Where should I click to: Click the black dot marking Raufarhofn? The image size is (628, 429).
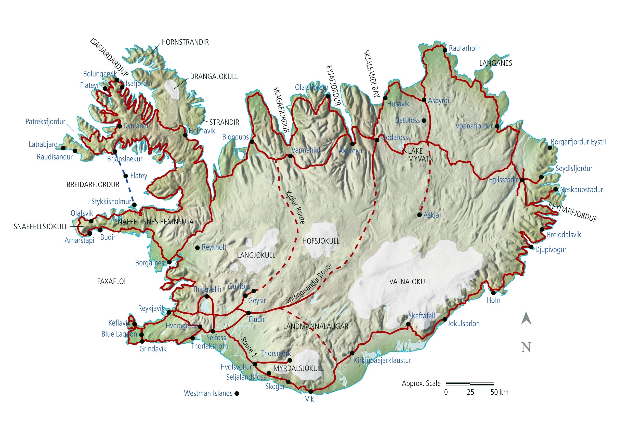[x=445, y=50]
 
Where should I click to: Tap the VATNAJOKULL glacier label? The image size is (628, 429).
[x=410, y=282]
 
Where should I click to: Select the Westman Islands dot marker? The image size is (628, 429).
[x=237, y=394]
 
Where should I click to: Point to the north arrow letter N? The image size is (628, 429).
[x=526, y=347]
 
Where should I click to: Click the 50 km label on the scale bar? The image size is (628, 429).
[x=499, y=392]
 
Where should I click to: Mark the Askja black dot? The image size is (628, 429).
[x=419, y=215]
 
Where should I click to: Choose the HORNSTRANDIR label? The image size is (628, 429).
[x=185, y=42]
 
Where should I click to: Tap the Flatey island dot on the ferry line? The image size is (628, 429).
[x=126, y=176]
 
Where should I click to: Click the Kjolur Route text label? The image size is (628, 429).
[x=295, y=207]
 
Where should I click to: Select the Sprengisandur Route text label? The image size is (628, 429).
[x=309, y=283]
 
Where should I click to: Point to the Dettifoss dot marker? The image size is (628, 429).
[x=424, y=120]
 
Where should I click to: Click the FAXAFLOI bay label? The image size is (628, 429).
[x=111, y=281]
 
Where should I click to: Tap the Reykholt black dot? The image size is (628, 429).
[x=198, y=247]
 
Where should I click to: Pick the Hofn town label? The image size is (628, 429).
[x=493, y=300]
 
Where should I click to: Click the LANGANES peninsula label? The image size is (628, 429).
[x=495, y=63]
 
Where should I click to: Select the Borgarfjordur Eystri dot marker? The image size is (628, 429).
[x=550, y=148]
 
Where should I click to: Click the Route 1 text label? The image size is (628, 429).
[x=248, y=347]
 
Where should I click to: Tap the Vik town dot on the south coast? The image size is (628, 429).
[x=311, y=392]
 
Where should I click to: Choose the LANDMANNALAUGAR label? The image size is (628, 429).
[x=316, y=326]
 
